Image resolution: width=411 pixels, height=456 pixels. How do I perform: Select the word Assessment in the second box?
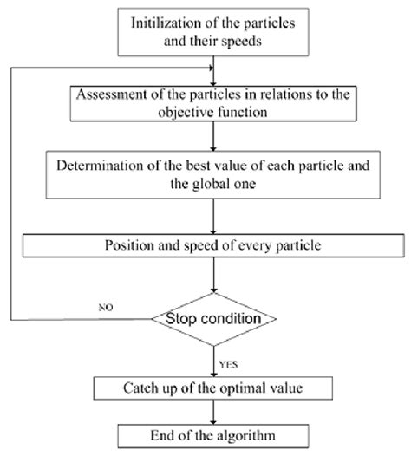(114, 95)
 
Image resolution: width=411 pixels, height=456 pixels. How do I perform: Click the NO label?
(104, 306)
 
